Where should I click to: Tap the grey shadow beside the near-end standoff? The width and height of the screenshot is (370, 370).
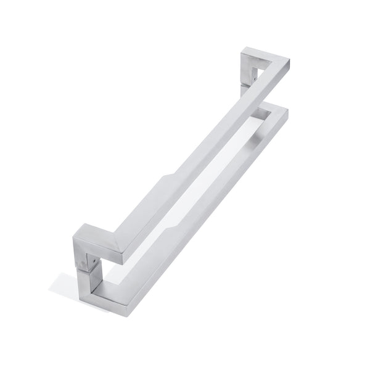[x=65, y=284]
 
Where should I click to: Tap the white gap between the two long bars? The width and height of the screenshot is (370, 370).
[x=210, y=166]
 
